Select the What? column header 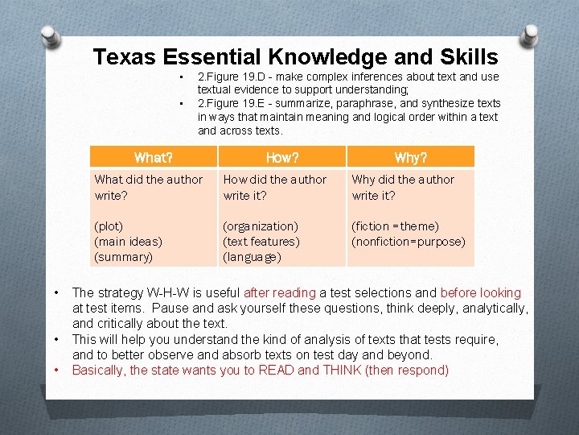(x=154, y=157)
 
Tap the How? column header (x=282, y=157)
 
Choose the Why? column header (x=411, y=157)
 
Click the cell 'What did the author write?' (x=149, y=187)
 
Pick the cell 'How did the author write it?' (x=275, y=187)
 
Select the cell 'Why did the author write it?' (x=403, y=187)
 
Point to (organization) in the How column (x=261, y=226)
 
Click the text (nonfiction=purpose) (x=409, y=241)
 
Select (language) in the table (x=252, y=257)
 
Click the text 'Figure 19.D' (x=235, y=77)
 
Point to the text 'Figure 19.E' (x=235, y=103)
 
